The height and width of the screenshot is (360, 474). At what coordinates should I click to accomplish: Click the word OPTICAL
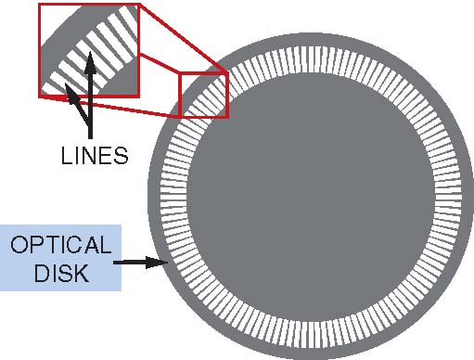(61, 245)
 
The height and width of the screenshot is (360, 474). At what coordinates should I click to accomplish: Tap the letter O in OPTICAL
(19, 245)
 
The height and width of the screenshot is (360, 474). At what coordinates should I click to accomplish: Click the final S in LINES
(121, 155)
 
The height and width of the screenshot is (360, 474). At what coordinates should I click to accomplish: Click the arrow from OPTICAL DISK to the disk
(141, 263)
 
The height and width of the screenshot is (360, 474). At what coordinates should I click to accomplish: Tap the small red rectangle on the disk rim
(203, 94)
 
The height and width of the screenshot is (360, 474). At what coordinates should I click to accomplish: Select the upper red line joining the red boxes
(183, 36)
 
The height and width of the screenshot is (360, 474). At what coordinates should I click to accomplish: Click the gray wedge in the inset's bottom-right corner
(126, 84)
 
